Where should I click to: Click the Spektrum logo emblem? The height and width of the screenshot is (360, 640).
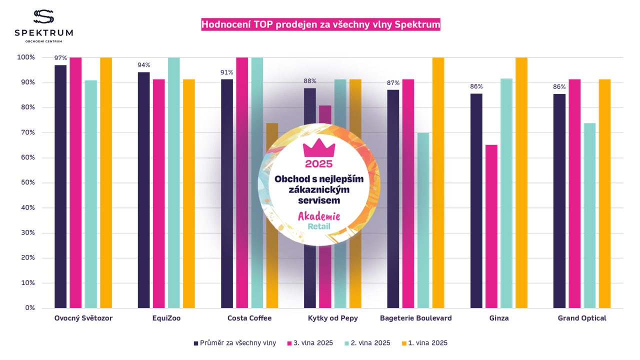pos(43,16)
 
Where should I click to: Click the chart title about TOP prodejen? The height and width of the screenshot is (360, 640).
pos(320,24)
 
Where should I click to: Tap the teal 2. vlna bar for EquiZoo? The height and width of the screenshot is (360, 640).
pos(173,182)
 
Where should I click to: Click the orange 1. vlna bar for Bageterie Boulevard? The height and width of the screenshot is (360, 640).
pos(438,182)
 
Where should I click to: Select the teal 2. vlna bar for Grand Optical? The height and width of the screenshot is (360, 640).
pos(589,215)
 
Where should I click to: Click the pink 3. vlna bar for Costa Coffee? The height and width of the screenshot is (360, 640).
pos(242,182)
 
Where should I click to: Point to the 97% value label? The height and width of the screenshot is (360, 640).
pos(60,58)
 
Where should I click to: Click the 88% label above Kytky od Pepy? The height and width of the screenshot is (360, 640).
pos(310,81)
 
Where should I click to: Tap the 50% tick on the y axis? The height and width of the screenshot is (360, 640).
pos(26,182)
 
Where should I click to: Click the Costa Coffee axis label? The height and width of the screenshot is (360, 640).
pos(249,318)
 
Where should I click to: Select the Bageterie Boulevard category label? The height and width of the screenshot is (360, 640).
pos(416,318)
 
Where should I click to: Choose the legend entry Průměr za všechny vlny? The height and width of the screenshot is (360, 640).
pos(234,343)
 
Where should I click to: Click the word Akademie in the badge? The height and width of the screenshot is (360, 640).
pos(319,216)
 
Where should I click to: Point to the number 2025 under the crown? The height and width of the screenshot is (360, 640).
pos(319,163)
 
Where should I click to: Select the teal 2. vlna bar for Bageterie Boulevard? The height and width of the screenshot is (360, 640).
pos(423,220)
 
